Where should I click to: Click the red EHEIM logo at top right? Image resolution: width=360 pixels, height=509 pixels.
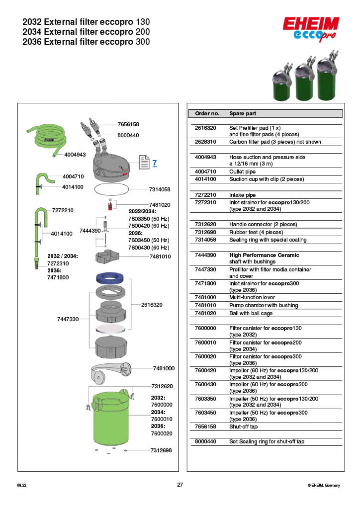(x=311, y=24)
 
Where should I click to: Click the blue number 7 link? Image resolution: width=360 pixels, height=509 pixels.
(x=155, y=163)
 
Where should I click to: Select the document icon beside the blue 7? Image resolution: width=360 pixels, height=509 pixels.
(x=144, y=162)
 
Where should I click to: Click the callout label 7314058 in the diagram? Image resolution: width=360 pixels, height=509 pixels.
(x=160, y=189)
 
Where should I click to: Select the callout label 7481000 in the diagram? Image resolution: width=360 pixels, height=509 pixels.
(x=164, y=368)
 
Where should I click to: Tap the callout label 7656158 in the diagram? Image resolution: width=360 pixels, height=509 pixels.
(x=128, y=124)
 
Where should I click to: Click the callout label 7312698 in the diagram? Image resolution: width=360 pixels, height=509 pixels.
(x=161, y=450)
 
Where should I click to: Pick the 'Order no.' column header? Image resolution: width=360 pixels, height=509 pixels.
(x=207, y=113)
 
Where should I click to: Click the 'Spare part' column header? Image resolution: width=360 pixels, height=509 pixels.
(x=243, y=113)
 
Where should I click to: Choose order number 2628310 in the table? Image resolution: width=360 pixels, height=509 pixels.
(x=207, y=142)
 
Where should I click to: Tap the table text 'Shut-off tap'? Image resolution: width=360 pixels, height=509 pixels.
(x=243, y=426)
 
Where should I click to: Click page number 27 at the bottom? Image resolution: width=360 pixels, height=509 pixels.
(x=180, y=485)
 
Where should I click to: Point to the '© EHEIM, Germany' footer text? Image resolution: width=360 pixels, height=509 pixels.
(x=324, y=485)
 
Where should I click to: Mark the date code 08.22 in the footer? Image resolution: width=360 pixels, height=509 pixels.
(x=22, y=485)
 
